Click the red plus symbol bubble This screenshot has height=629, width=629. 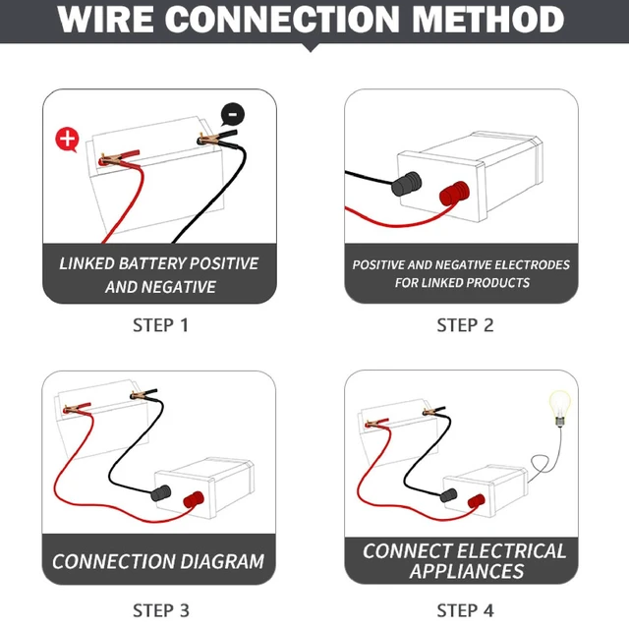67,140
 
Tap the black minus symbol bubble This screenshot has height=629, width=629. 232,114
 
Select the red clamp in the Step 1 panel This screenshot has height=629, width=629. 119,159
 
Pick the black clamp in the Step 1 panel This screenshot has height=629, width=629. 217,139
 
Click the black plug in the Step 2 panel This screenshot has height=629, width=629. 406,184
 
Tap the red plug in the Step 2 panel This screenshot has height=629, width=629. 454,193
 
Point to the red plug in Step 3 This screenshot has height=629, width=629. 194,499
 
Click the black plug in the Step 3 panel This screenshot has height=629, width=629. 161,493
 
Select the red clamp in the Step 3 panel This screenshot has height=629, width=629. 77,409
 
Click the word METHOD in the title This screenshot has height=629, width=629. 487,19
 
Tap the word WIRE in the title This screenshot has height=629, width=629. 105,19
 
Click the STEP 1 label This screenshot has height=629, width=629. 160,325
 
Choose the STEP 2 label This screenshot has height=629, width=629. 465,325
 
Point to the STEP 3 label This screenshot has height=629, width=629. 161,610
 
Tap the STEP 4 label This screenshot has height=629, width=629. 465,610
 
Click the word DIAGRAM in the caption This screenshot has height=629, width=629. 222,561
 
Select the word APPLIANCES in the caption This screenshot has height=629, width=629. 467,571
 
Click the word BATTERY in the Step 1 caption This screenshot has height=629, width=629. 152,263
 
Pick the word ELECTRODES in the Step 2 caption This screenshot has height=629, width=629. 532,264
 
